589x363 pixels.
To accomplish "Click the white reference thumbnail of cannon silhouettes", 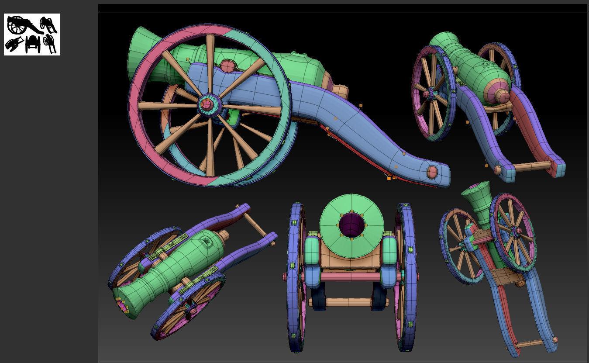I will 32,35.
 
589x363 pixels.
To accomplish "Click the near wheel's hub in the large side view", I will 207,104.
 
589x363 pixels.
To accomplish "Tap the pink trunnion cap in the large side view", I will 227,66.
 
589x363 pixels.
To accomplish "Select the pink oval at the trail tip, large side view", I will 432,172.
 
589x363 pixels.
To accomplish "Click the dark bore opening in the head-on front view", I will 352,225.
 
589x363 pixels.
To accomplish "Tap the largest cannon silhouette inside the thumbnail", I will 20,25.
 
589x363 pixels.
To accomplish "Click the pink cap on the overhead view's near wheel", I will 191,315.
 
